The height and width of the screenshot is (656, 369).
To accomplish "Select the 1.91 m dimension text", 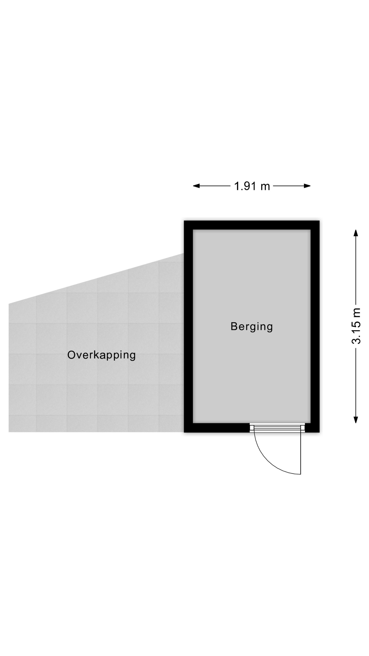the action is (252, 186).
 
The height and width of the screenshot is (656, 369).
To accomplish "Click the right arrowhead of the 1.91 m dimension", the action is (307, 186).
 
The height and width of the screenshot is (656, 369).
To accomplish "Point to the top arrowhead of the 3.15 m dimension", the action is (356, 233).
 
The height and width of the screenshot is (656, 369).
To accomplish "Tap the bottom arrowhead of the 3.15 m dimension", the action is (356, 420).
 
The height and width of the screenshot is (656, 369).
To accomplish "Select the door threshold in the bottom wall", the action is (277, 428).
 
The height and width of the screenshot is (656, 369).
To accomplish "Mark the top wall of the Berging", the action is (252, 225).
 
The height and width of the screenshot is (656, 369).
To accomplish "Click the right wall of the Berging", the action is (315, 326).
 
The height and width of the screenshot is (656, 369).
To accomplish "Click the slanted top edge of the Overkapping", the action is (96, 279).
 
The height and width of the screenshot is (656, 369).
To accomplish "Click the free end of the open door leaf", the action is (300, 474).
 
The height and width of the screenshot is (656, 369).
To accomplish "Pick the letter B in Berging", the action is (234, 326).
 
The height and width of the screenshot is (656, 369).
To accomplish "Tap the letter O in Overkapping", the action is (72, 355).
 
